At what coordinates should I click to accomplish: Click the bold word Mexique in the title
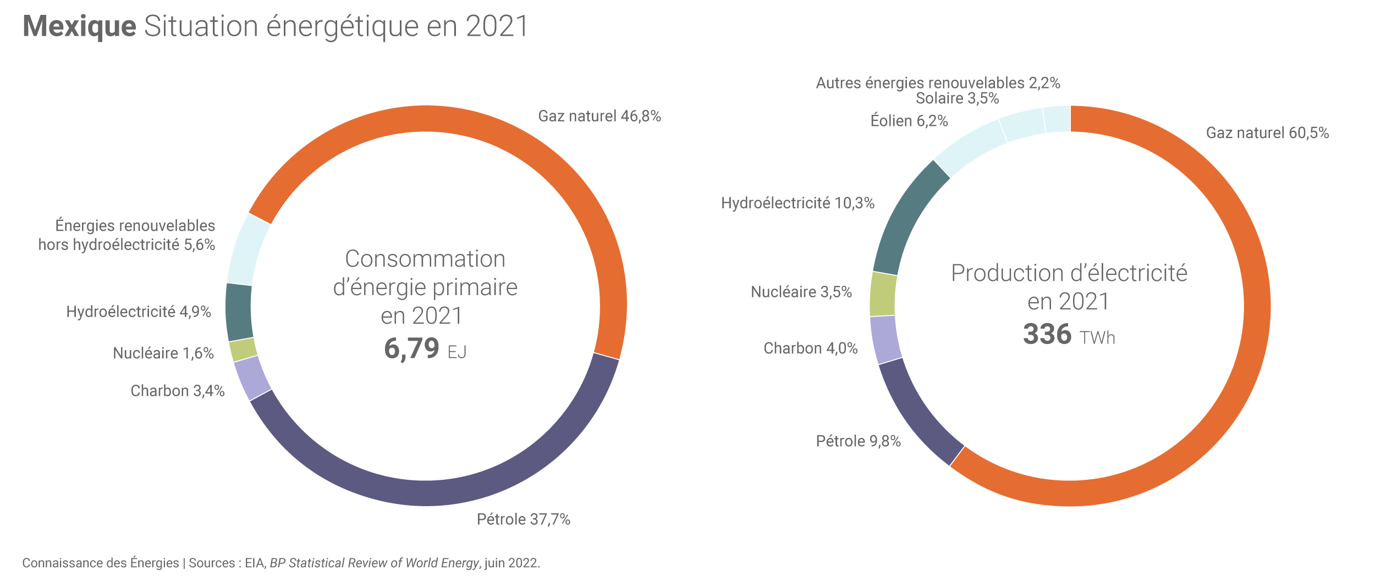pos(80,26)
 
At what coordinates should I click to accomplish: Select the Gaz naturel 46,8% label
pos(599,117)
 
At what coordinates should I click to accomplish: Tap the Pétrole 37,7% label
pos(523,519)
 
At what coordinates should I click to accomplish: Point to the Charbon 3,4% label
pos(177,391)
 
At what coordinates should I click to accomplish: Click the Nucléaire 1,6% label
pos(163,353)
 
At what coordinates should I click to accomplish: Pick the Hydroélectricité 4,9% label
pos(139,312)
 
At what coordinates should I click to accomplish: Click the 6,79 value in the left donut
pos(411,348)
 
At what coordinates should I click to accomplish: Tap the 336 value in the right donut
pos(1047,334)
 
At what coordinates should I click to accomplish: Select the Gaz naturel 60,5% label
pos(1267,133)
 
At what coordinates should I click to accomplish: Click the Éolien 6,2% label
pos(909,121)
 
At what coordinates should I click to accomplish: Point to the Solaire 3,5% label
pos(957,98)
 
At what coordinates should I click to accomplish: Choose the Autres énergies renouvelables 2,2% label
pos(938,83)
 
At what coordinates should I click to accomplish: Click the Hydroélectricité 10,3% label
pos(798,203)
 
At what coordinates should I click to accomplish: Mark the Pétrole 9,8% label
pos(858,441)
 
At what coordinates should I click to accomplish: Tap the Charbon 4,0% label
pos(810,348)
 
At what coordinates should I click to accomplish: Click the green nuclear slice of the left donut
pos(243,350)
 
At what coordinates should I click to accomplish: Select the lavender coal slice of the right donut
pos(885,340)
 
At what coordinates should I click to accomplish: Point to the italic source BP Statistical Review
pos(374,563)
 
